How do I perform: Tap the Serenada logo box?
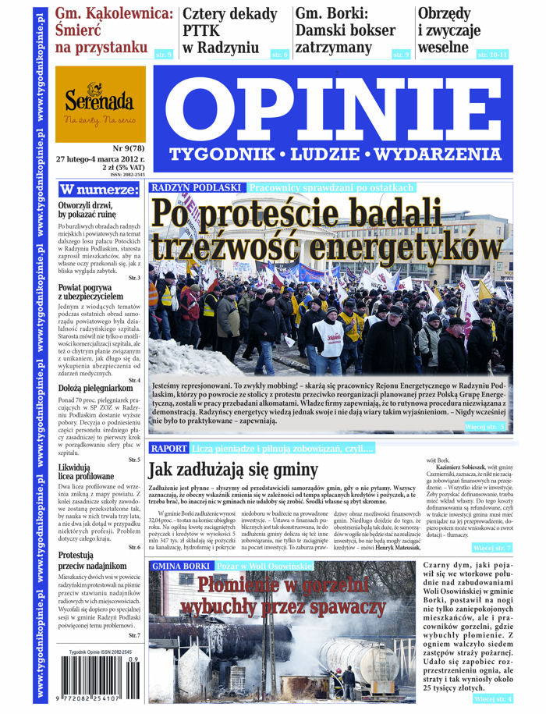point(100,105)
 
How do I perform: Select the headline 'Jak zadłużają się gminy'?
point(233,470)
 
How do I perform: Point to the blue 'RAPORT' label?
point(168,449)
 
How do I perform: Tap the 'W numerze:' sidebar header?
point(89,190)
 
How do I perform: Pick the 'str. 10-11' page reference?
point(492,54)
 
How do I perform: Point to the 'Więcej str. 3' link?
point(487,427)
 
